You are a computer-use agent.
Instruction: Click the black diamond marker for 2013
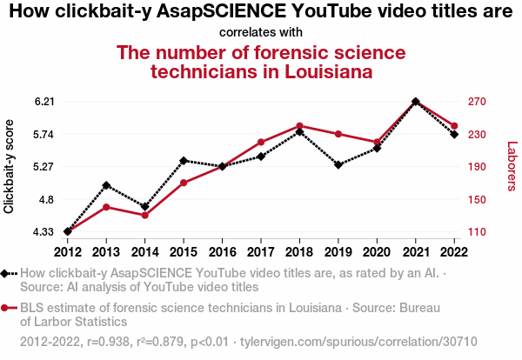[x=106, y=185]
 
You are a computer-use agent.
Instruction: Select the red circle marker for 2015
[x=184, y=183]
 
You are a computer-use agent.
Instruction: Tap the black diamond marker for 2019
[x=338, y=164]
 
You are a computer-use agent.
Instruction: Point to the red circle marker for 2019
[x=338, y=134]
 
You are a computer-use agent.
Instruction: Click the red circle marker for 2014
[x=144, y=215]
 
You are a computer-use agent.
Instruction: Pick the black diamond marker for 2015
[x=184, y=160]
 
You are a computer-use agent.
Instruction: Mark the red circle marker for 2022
[x=454, y=126]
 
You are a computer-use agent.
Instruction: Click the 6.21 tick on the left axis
[x=44, y=102]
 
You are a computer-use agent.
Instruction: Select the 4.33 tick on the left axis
[x=44, y=232]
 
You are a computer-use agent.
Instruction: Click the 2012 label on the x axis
[x=68, y=252]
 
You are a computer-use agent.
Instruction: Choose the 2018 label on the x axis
[x=299, y=252]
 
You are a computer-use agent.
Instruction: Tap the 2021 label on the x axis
[x=415, y=252]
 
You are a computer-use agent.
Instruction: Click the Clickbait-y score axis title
[x=10, y=166]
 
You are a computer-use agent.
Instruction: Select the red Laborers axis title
[x=512, y=166]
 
